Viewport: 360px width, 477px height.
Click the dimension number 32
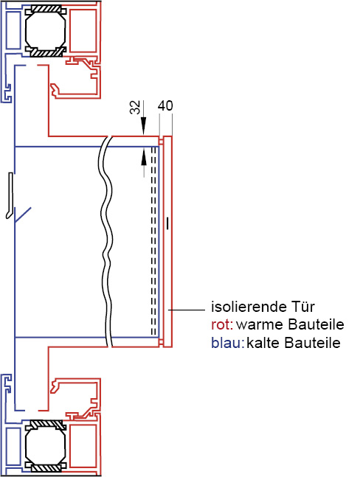click(x=135, y=107)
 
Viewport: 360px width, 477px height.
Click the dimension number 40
click(x=165, y=105)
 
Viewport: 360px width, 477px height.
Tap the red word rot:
click(x=222, y=324)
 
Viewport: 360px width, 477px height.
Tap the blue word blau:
click(x=228, y=343)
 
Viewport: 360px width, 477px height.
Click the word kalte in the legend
click(x=263, y=343)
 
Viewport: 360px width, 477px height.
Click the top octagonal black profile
click(x=46, y=30)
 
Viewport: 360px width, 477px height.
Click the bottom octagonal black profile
click(x=46, y=447)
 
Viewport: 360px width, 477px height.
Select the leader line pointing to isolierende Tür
click(x=187, y=310)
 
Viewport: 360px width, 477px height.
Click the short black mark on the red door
click(x=167, y=223)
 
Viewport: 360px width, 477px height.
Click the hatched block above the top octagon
click(x=46, y=9)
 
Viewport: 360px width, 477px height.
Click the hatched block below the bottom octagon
click(x=46, y=468)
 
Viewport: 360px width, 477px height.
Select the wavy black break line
click(x=107, y=242)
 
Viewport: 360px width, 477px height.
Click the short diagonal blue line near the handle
click(x=23, y=215)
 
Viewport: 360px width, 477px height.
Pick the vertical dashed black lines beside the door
click(x=154, y=241)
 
